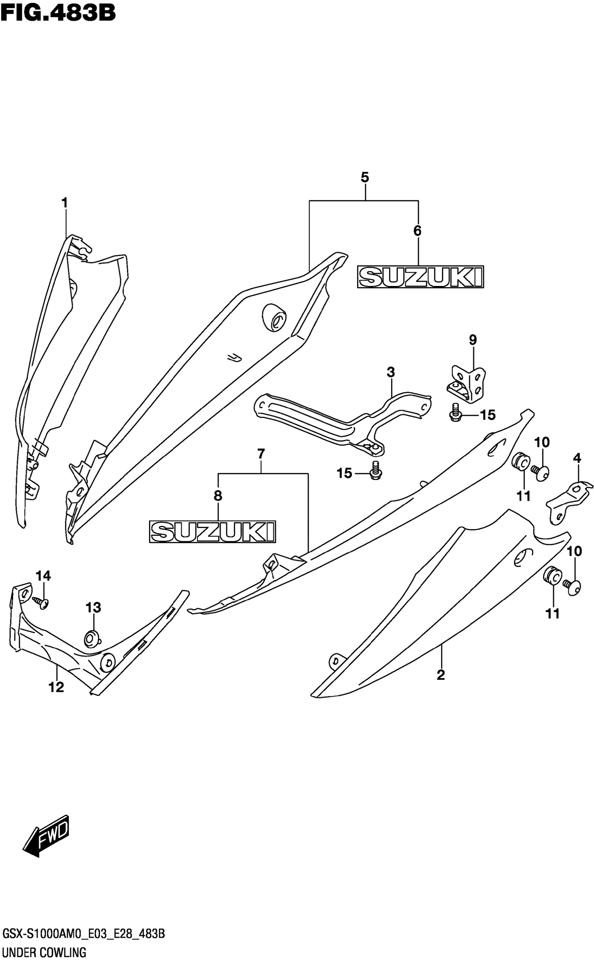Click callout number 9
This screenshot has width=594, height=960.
(x=473, y=340)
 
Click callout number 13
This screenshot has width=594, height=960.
(x=94, y=608)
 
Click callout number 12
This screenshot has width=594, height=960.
(x=56, y=687)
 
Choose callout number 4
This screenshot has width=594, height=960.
(x=577, y=458)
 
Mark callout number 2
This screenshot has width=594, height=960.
(x=441, y=675)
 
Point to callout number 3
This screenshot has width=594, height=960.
(x=391, y=372)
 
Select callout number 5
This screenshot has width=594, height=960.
(x=365, y=178)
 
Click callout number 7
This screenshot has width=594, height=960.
(x=261, y=454)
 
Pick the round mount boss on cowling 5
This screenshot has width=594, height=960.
(x=274, y=317)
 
